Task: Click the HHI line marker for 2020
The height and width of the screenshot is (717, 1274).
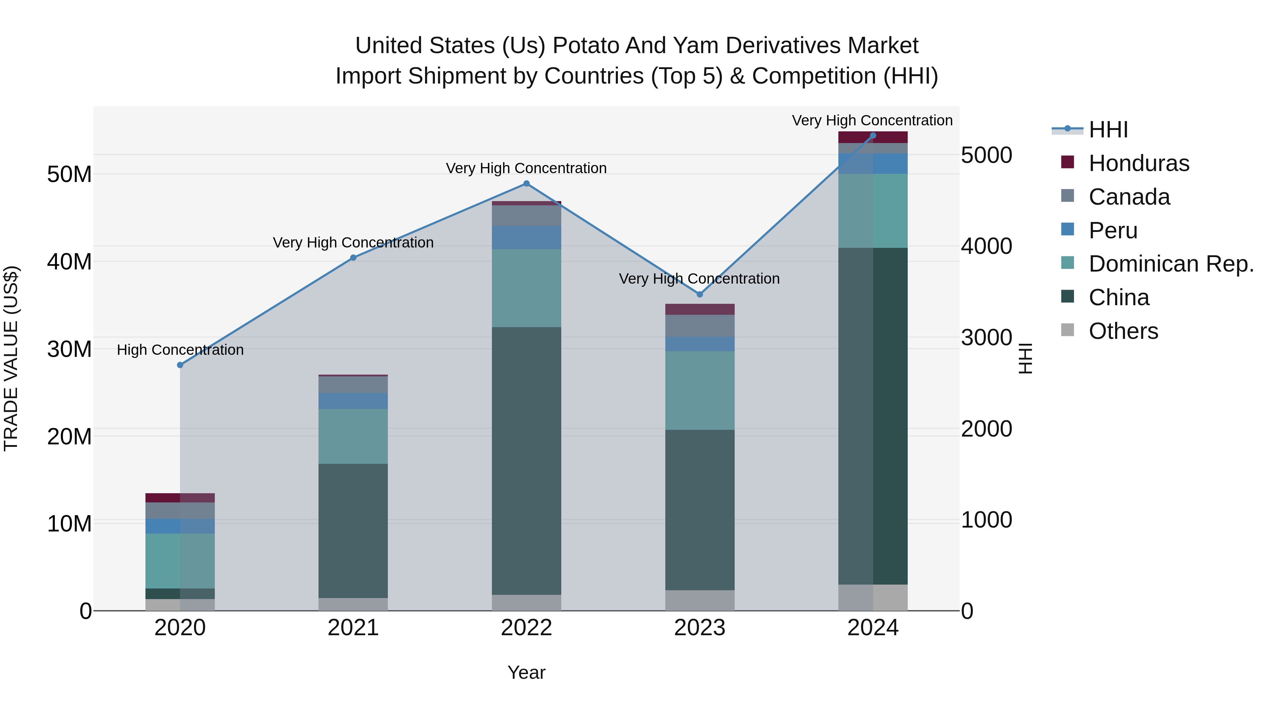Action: (180, 365)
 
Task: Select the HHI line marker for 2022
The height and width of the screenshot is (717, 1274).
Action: (526, 183)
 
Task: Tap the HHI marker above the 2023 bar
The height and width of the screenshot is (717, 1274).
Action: (699, 295)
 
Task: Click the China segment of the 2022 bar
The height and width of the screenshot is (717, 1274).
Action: (526, 460)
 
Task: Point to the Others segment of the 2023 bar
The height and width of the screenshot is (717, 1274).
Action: (699, 600)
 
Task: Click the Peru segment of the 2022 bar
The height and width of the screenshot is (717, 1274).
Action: (526, 238)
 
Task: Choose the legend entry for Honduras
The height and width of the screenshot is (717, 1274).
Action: (1138, 163)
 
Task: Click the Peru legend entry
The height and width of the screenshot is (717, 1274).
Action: (1113, 231)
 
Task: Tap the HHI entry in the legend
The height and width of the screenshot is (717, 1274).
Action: (1108, 130)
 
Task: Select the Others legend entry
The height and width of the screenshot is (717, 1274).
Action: (1123, 331)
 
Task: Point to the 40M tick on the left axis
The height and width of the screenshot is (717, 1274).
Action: (69, 262)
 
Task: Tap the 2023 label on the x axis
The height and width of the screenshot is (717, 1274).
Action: (699, 628)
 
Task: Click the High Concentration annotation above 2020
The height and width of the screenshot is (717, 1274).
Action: (180, 350)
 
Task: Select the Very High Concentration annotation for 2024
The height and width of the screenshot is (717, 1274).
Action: (872, 120)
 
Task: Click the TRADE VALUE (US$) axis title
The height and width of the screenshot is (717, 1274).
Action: (11, 358)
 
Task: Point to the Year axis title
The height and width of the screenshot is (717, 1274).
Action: (526, 672)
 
